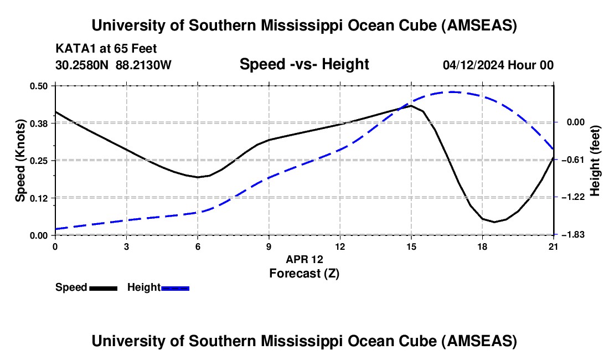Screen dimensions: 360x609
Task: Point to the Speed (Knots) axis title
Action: click(20, 161)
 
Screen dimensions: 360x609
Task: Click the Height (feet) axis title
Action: click(595, 161)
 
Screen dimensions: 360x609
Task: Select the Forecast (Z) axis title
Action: click(304, 273)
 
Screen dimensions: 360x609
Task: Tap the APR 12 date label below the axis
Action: click(304, 259)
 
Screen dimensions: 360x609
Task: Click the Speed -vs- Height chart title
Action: click(304, 64)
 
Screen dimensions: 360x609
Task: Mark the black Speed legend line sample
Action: click(103, 287)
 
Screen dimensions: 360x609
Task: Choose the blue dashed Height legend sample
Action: click(176, 287)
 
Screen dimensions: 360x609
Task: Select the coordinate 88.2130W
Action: click(144, 65)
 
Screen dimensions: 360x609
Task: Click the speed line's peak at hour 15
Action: click(411, 105)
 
